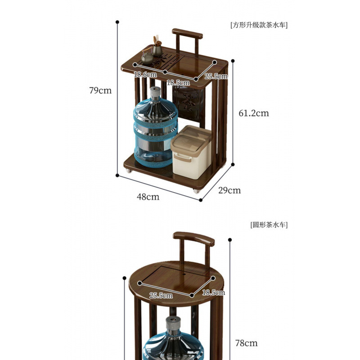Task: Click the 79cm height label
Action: coord(100,90)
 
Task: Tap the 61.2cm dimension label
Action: coord(253,113)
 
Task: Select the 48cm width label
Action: coord(148,197)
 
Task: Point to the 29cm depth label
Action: coord(229,190)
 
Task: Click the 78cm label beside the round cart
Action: coord(246,343)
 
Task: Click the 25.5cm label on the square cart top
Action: coord(216,76)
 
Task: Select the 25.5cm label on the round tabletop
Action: coord(161,295)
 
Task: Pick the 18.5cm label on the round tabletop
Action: coord(213,292)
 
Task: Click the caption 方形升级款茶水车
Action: coord(259,25)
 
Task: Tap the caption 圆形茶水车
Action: coord(269,224)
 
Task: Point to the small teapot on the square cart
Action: coord(147,58)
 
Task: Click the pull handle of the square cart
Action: coord(187,34)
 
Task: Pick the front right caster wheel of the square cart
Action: coord(196,191)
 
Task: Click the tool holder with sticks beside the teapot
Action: coord(157,47)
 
